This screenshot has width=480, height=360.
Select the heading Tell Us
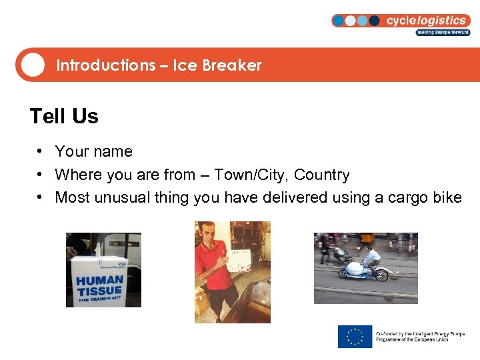point(64,116)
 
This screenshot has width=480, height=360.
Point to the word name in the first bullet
point(116,152)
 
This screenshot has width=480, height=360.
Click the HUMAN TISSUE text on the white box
point(99,285)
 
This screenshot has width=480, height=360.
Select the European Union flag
point(355,336)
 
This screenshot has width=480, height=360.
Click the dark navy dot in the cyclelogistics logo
point(375,21)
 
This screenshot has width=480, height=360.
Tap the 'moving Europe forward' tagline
point(443,32)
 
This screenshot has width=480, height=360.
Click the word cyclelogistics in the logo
point(426,20)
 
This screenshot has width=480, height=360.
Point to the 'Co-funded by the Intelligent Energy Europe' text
point(420,333)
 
